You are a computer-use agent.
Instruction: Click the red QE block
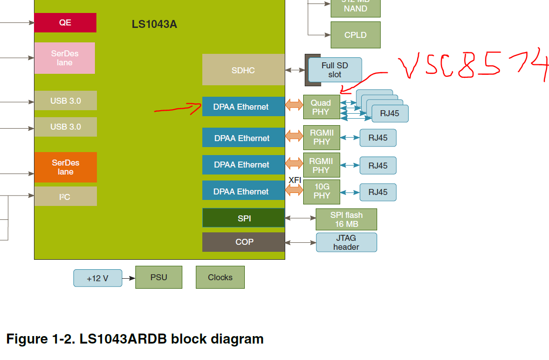pyautogui.click(x=65, y=22)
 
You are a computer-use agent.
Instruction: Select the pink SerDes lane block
pyautogui.click(x=64, y=58)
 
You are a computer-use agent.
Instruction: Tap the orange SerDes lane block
pyautogui.click(x=65, y=167)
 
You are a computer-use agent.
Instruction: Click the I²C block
pyautogui.click(x=65, y=196)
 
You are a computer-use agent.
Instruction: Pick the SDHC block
pyautogui.click(x=243, y=70)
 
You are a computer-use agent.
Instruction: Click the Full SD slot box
pyautogui.click(x=335, y=70)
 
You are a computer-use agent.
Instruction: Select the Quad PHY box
pyautogui.click(x=321, y=107)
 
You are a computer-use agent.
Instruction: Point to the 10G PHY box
pyautogui.click(x=322, y=191)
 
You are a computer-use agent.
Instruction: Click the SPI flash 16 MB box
pyautogui.click(x=346, y=219)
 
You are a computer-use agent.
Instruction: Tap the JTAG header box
pyautogui.click(x=346, y=242)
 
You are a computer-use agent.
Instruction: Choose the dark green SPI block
pyautogui.click(x=243, y=218)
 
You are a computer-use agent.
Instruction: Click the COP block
pyautogui.click(x=243, y=242)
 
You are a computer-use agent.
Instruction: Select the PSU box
pyautogui.click(x=158, y=277)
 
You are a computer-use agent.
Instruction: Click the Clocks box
pyautogui.click(x=220, y=277)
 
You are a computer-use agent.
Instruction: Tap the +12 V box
pyautogui.click(x=97, y=278)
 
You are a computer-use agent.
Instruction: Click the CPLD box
pyautogui.click(x=355, y=35)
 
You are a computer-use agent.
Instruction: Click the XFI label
pyautogui.click(x=295, y=180)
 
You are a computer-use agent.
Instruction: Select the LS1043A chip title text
pyautogui.click(x=154, y=24)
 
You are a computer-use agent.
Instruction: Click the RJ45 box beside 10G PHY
pyautogui.click(x=378, y=192)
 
